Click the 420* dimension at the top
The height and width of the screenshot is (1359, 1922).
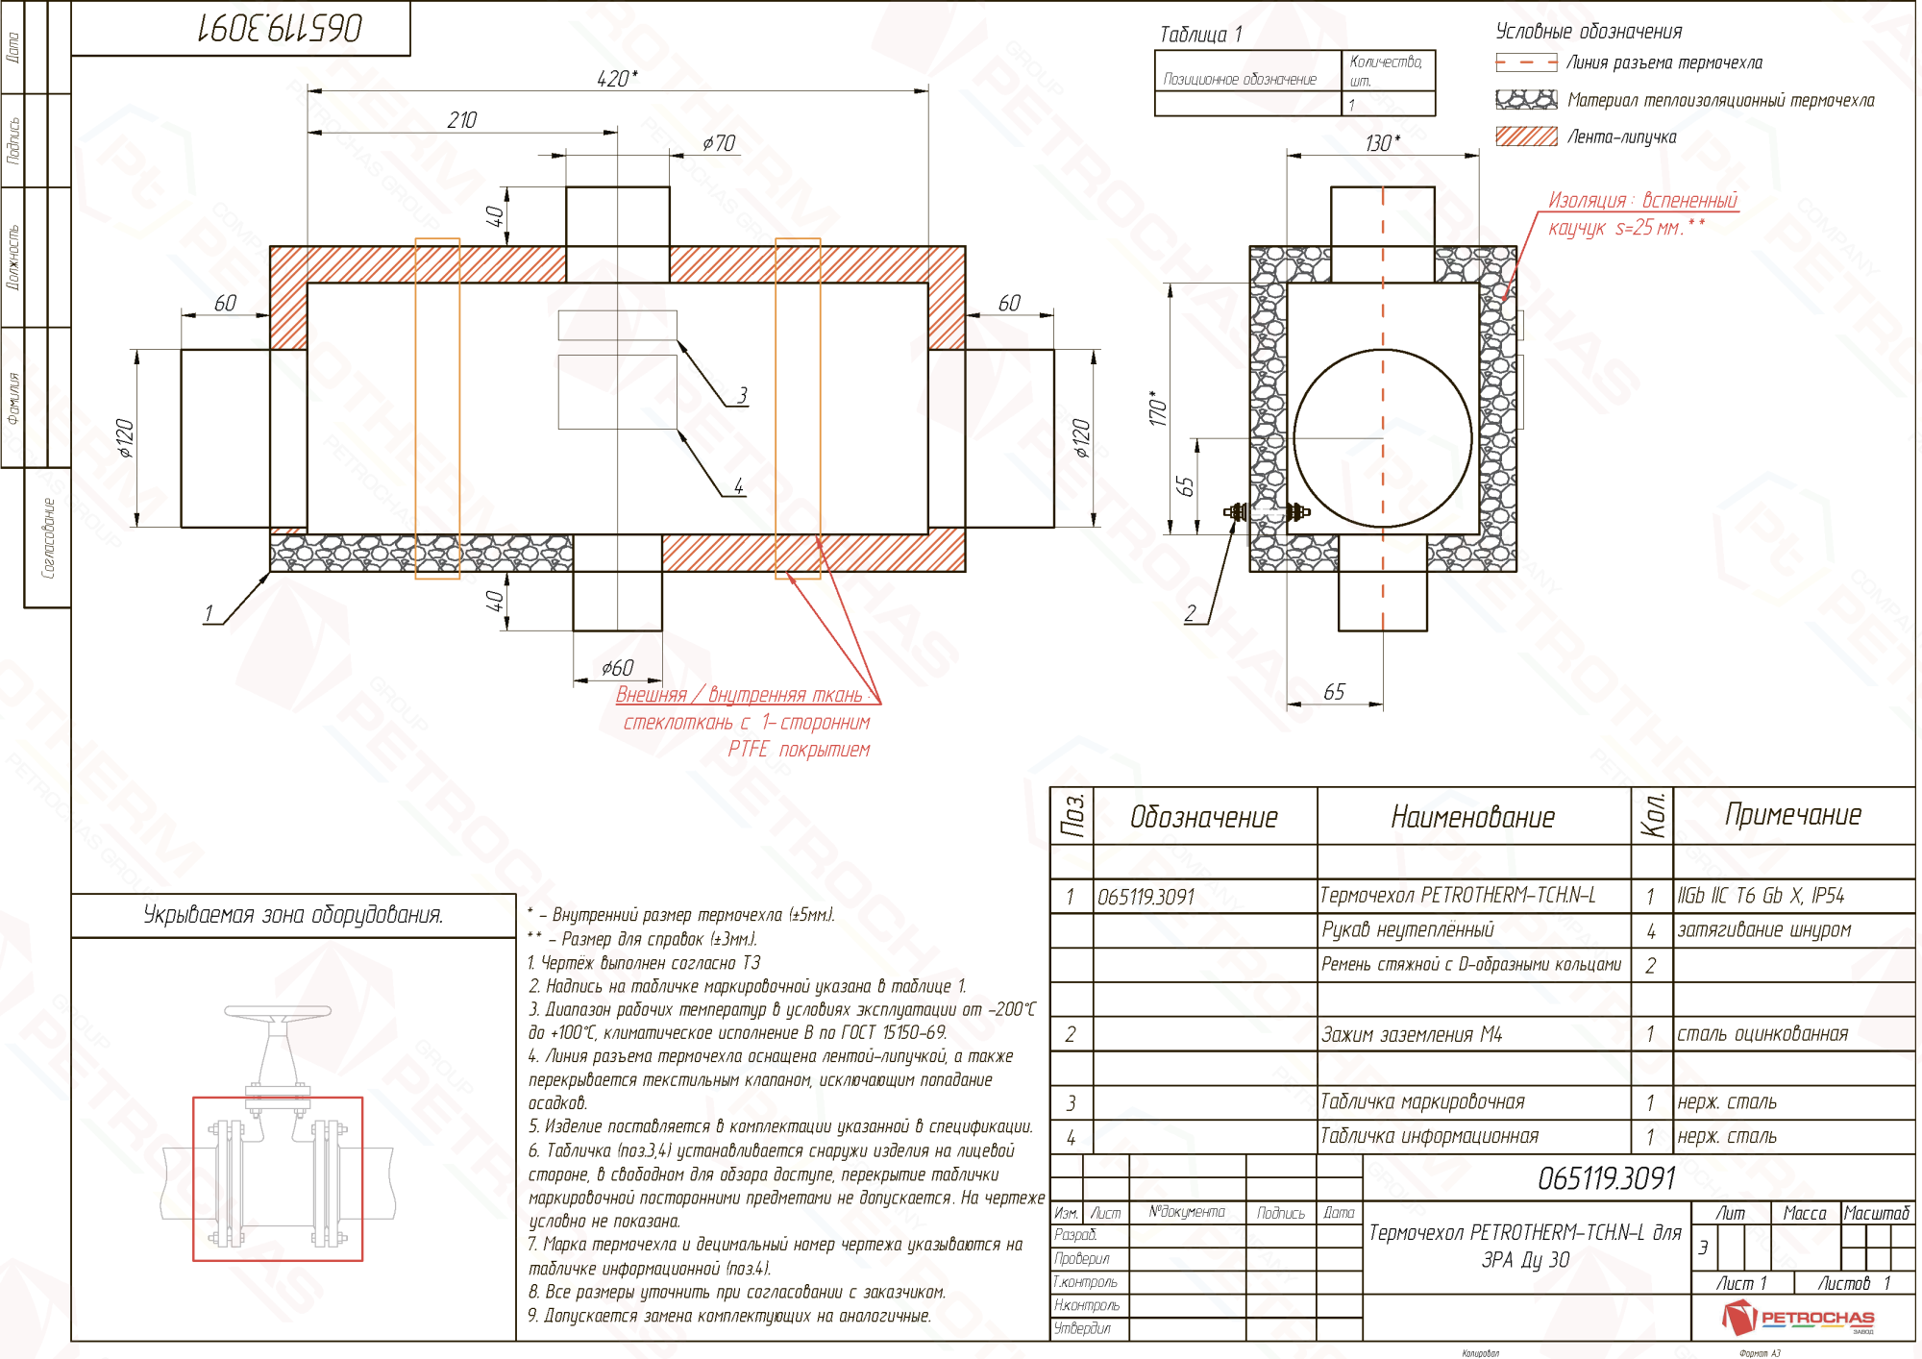pos(616,79)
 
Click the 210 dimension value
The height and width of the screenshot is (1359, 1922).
pos(461,120)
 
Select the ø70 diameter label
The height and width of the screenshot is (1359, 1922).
pos(719,143)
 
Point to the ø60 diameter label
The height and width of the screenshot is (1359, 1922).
pos(617,668)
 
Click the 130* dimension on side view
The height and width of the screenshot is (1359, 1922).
pos(1382,143)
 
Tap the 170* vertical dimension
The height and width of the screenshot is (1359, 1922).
pos(1158,408)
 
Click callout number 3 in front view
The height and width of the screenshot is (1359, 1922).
pos(742,395)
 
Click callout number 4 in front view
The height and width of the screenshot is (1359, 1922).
pos(738,486)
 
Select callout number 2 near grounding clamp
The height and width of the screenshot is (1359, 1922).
pos(1191,613)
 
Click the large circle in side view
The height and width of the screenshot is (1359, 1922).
pos(1383,438)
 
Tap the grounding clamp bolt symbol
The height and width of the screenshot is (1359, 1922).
pos(1267,512)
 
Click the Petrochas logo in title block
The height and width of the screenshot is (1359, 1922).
pos(1798,1318)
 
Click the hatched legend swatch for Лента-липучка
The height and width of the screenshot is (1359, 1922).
pos(1526,136)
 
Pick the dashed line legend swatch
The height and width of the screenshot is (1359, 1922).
pos(1526,62)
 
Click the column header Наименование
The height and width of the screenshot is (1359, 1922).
pos(1472,817)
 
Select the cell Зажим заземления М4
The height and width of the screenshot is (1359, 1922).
pos(1411,1035)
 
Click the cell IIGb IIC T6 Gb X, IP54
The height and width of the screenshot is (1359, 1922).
pos(1761,896)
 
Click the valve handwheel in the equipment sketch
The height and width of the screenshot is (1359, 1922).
pos(278,1012)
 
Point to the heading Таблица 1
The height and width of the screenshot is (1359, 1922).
pos(1200,35)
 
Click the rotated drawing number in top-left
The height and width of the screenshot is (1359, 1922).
pos(280,28)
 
